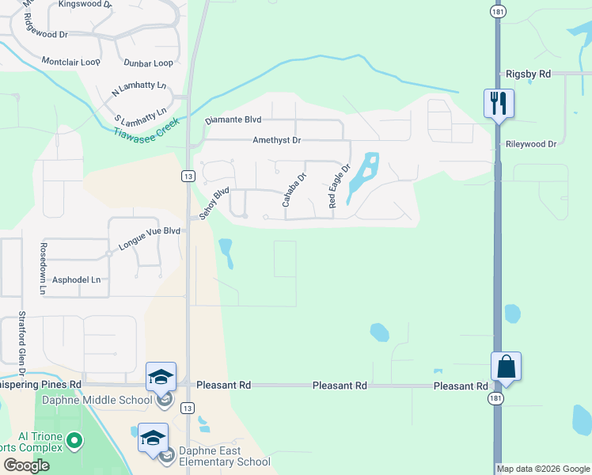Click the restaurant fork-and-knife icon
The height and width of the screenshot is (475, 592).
pyautogui.click(x=499, y=104)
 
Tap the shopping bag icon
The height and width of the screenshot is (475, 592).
pyautogui.click(x=506, y=367)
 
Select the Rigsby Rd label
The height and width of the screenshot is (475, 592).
pyautogui.click(x=527, y=74)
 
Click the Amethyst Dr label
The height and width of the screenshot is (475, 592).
pyautogui.click(x=277, y=140)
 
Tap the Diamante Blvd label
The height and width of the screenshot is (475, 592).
pyautogui.click(x=233, y=120)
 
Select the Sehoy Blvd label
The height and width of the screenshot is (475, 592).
pyautogui.click(x=214, y=203)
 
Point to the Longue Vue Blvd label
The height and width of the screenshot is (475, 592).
pyautogui.click(x=150, y=238)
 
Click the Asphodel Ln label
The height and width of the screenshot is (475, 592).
pyautogui.click(x=76, y=279)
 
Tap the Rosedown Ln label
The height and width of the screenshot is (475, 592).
pyautogui.click(x=42, y=268)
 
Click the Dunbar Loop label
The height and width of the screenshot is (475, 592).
pyautogui.click(x=148, y=63)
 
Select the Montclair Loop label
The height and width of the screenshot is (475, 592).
pyautogui.click(x=70, y=61)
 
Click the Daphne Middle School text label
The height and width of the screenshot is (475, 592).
pyautogui.click(x=105, y=400)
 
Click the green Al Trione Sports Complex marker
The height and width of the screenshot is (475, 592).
pyautogui.click(x=74, y=439)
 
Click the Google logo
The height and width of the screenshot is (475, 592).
pyautogui.click(x=25, y=465)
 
